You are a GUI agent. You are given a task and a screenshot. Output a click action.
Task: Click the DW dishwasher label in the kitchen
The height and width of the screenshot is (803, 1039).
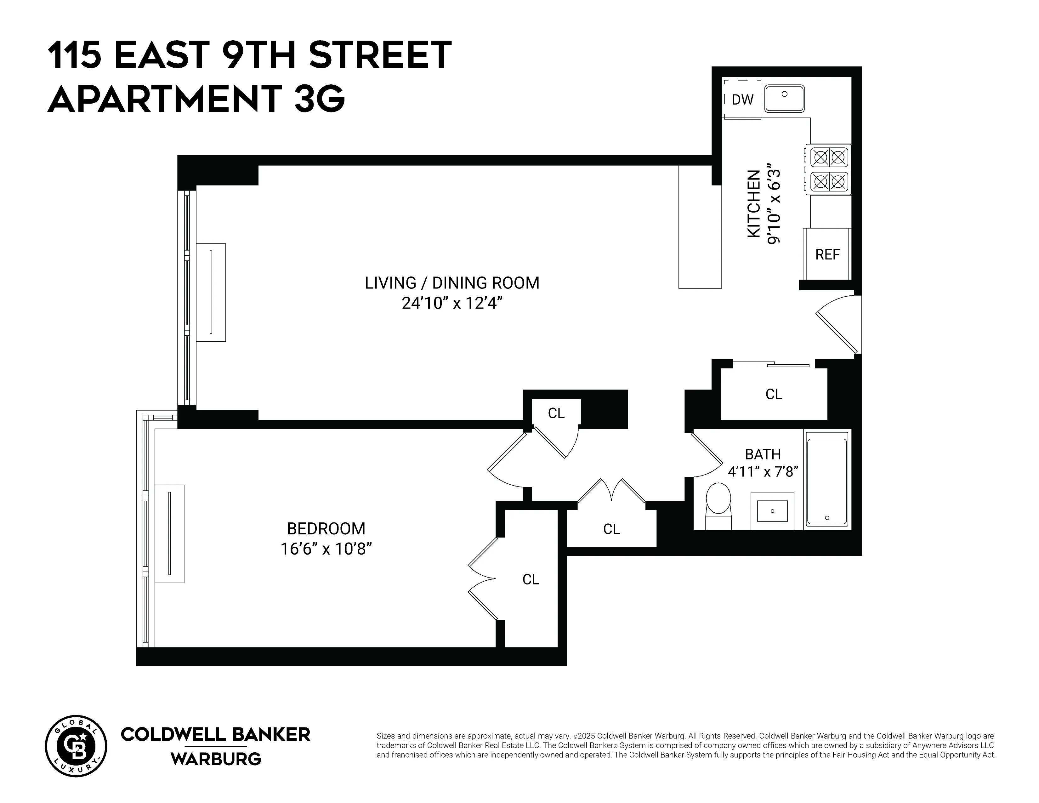(742, 100)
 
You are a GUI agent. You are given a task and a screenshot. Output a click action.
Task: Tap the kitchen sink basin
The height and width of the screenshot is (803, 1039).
(784, 99)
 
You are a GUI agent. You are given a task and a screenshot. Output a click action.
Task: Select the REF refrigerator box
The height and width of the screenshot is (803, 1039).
(827, 254)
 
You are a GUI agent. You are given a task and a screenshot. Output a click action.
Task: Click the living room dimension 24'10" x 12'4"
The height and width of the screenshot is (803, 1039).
(452, 303)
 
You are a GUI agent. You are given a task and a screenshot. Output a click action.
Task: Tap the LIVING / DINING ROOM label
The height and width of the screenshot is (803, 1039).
(452, 283)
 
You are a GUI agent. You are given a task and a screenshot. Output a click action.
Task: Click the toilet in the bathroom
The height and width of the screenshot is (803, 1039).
(718, 504)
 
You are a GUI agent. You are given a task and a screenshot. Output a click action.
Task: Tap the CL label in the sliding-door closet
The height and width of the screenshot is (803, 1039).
(774, 394)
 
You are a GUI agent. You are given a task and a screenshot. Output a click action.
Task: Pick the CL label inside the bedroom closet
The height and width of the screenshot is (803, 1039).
(531, 579)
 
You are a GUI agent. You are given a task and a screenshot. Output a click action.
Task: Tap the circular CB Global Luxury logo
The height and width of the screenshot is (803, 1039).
(76, 746)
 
